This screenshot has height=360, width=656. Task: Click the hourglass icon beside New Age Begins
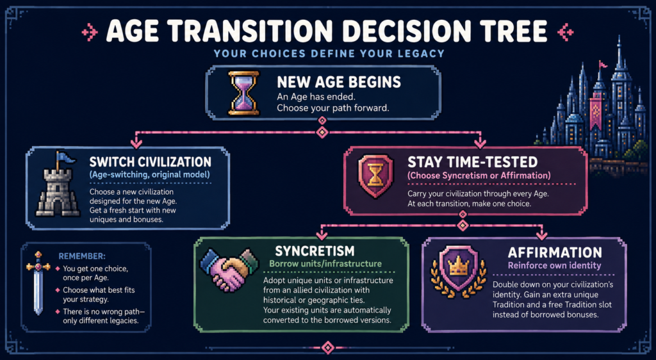point(243,93)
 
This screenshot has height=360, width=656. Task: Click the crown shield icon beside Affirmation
point(459,271)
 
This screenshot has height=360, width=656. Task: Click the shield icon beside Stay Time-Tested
point(375,176)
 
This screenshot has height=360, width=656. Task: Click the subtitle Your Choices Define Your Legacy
point(328,54)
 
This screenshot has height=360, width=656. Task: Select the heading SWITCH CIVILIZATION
point(150,162)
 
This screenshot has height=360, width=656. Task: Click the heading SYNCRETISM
point(315,251)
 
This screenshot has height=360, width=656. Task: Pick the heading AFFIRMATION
point(555,252)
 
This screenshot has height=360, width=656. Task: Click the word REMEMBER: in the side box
point(82,256)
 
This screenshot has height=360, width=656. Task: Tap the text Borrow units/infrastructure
point(325,264)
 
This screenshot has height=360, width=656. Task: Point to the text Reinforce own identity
point(554,265)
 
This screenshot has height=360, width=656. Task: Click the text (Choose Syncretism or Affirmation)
point(479,176)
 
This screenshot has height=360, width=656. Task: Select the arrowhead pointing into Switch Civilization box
point(136,144)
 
